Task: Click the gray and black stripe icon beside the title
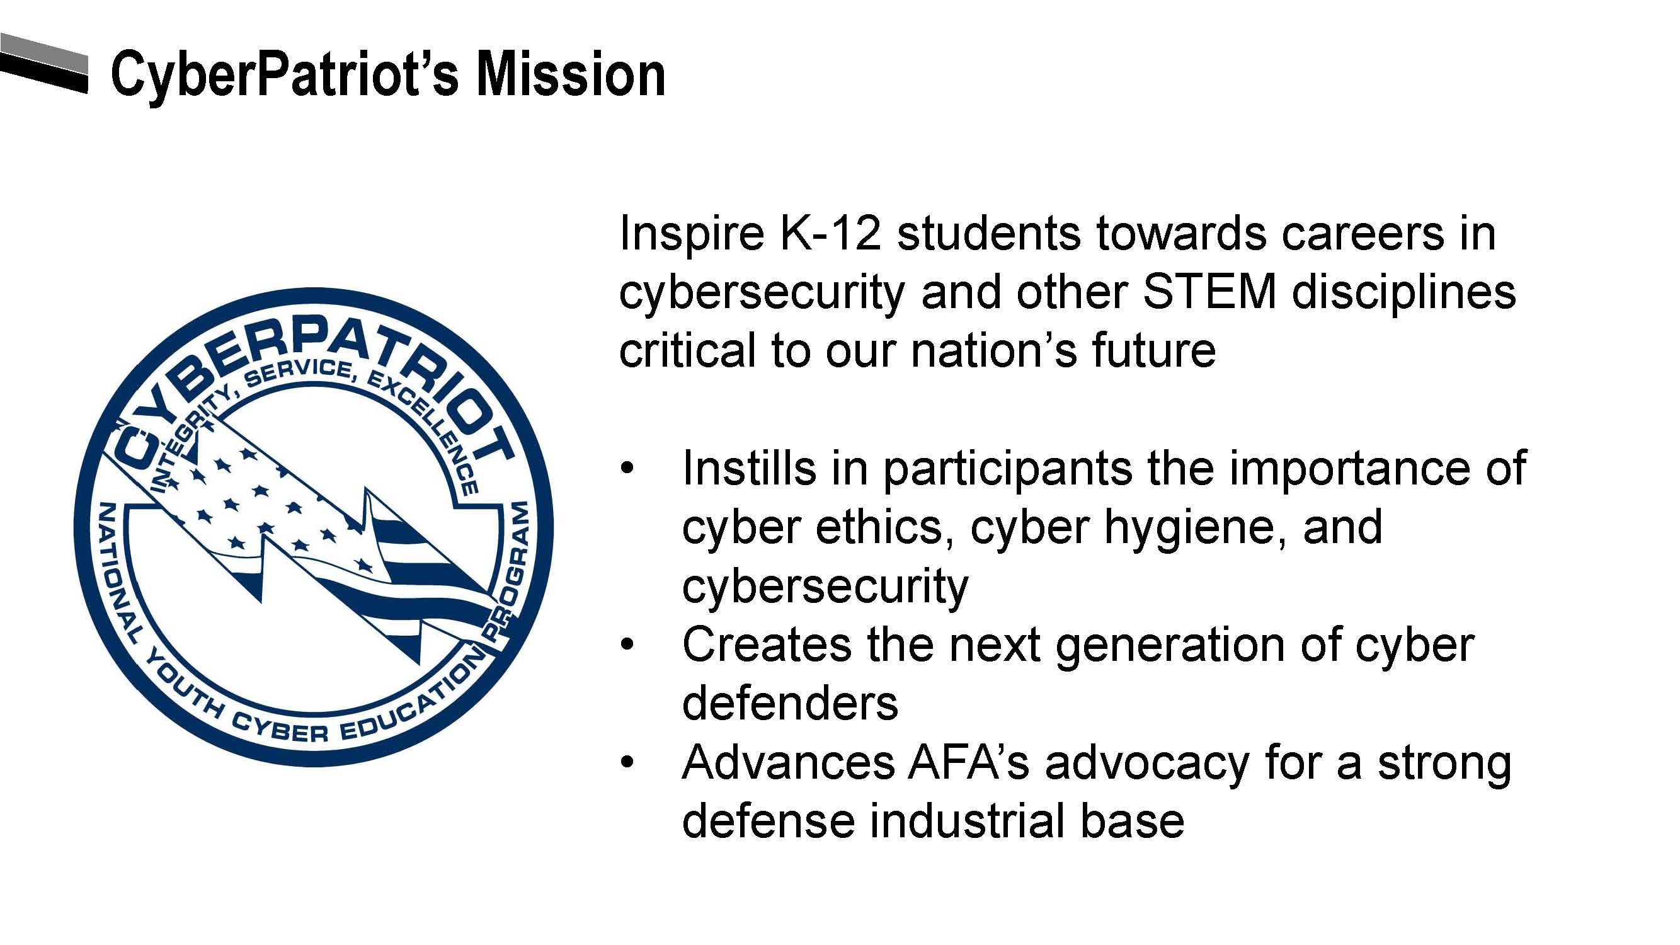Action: pos(43,62)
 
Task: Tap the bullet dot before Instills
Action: pos(627,469)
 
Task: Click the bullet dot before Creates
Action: pos(627,646)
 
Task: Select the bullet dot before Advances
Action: pos(627,763)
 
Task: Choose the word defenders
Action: pos(790,702)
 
